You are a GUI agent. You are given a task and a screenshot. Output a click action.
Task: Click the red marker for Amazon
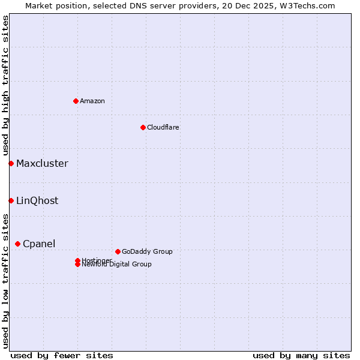tap(76, 101)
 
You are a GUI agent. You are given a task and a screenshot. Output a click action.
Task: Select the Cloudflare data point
tap(143, 127)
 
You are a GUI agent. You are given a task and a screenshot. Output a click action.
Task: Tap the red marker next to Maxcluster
tap(11, 163)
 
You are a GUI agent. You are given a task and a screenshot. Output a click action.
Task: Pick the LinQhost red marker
tap(11, 200)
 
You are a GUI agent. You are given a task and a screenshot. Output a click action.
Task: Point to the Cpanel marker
tap(17, 244)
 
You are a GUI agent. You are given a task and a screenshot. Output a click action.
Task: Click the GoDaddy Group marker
tap(118, 251)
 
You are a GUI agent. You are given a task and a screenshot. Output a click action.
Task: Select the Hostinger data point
tap(77, 260)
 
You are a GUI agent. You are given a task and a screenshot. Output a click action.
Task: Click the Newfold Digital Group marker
tap(77, 265)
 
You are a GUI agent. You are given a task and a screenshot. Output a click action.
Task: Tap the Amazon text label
tap(92, 101)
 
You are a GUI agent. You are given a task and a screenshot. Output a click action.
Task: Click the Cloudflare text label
tap(163, 127)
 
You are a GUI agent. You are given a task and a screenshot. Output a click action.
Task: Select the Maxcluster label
tap(42, 163)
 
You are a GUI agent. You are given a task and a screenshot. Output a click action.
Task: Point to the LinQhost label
tap(37, 200)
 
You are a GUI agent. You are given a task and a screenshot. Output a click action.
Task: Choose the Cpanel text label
tap(39, 244)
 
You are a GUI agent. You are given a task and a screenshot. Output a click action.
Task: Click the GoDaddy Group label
tap(147, 251)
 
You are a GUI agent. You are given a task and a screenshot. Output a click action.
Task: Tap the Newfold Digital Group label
tap(116, 265)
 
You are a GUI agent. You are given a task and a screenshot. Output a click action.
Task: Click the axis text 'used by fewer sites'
tap(62, 355)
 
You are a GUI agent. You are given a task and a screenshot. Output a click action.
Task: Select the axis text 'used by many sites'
tap(301, 355)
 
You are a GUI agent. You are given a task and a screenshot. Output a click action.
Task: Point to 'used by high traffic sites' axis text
tap(5, 85)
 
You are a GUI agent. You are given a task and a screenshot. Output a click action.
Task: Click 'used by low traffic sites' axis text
tap(5, 281)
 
